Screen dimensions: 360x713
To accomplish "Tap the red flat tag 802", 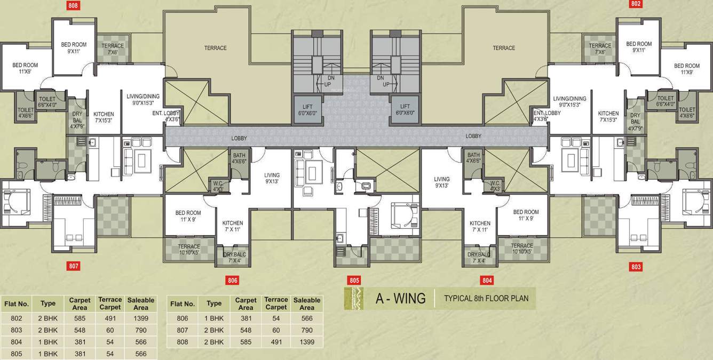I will [636, 4].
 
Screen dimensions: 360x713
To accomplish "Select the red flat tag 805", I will [354, 280].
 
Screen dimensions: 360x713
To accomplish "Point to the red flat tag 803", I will [636, 266].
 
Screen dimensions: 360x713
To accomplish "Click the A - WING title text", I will [400, 299].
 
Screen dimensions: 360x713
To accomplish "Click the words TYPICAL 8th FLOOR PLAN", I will [486, 299].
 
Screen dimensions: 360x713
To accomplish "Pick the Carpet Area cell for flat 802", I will [80, 318].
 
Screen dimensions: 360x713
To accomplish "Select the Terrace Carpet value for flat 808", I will [276, 342].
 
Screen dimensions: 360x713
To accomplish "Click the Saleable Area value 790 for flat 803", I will [140, 330].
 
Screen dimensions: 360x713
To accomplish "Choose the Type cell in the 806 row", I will [214, 318].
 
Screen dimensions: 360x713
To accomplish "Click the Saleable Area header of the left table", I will [140, 303].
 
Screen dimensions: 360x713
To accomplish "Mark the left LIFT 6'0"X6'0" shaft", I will [307, 109].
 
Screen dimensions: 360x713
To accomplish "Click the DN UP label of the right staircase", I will [381, 82].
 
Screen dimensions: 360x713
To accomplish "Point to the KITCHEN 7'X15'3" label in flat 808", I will [104, 117].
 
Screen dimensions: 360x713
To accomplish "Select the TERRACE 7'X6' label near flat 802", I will [600, 49].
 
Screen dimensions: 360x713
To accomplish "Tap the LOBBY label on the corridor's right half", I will [473, 136].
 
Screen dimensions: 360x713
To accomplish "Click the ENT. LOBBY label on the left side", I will [173, 116].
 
